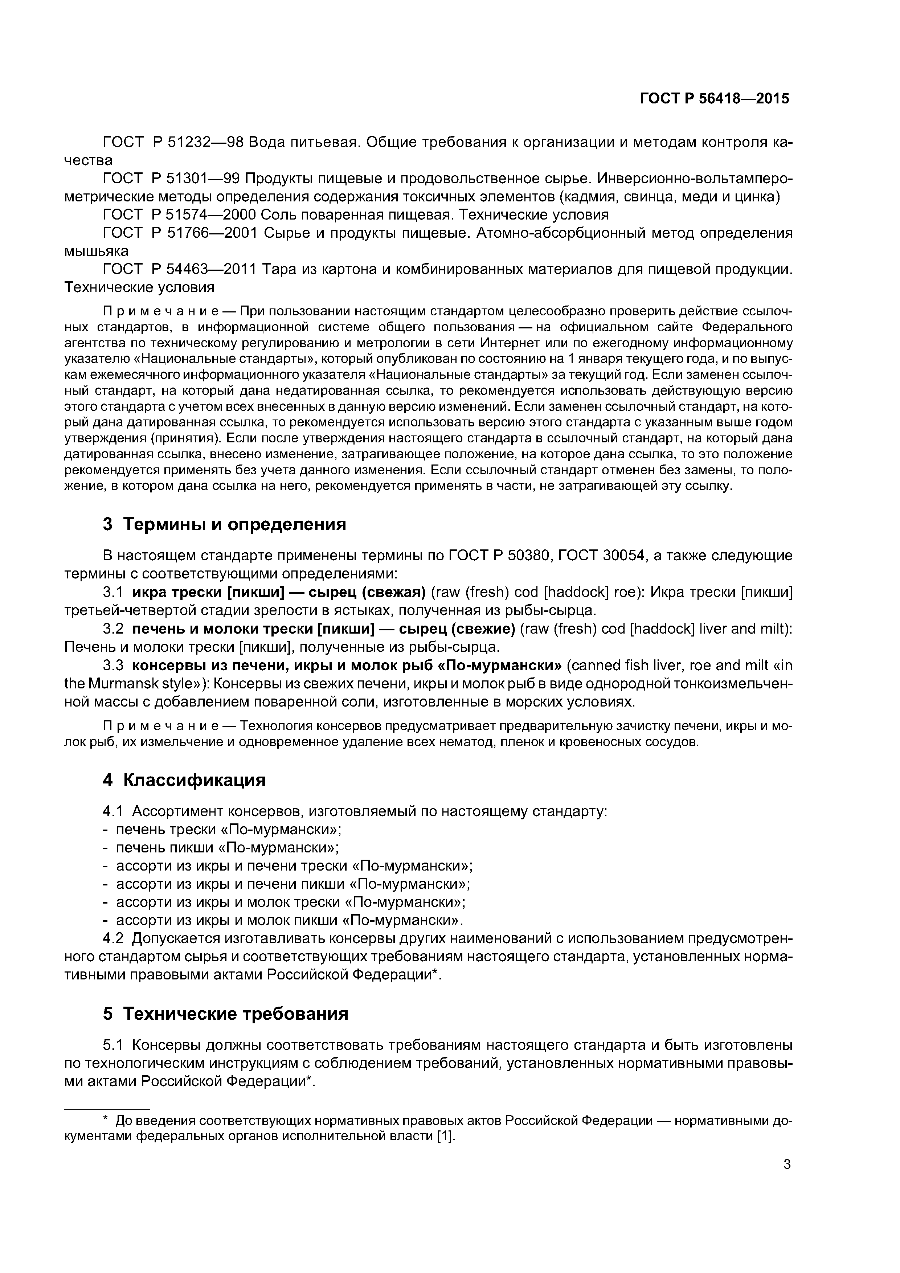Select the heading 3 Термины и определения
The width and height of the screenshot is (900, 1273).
(x=224, y=524)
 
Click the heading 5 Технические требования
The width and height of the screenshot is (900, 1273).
(x=225, y=1014)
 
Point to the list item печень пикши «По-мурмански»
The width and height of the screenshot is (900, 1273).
(x=227, y=848)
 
